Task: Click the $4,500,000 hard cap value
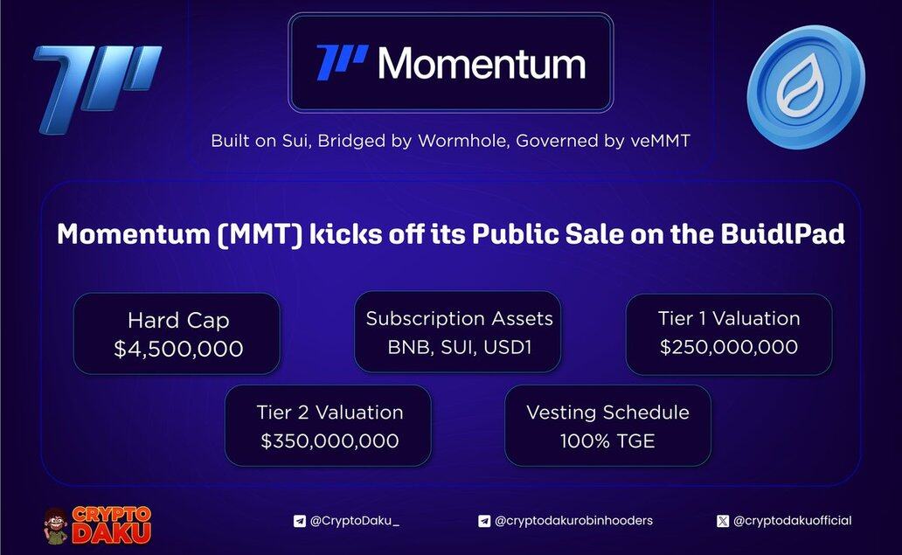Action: point(178,349)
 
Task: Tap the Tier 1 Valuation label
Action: point(729,318)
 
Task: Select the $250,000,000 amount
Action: point(729,347)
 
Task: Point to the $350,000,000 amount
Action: point(330,441)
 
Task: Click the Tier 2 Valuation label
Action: point(330,412)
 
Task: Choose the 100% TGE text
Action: point(607,441)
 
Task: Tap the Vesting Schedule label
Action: point(607,412)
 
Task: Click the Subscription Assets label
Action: point(459,319)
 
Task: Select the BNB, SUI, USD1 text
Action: point(459,347)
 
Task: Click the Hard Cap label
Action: point(178,321)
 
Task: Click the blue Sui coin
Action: point(805,87)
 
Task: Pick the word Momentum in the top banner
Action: point(482,63)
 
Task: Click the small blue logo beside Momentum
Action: point(342,62)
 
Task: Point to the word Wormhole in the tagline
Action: point(463,141)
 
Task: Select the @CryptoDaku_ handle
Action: point(354,521)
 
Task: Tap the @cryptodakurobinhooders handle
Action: point(573,521)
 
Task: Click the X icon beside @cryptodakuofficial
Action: point(723,521)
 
